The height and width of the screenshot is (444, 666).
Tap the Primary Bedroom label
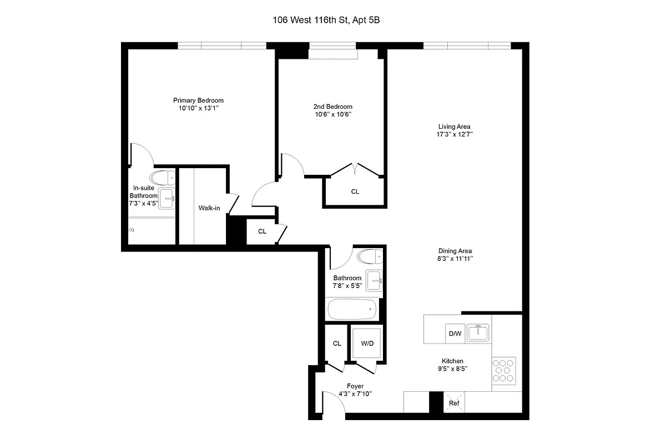coord(198,100)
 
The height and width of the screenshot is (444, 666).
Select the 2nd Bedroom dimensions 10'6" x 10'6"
coord(332,114)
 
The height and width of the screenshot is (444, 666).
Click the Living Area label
coord(454,127)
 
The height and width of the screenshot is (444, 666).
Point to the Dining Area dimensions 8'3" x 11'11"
coord(454,258)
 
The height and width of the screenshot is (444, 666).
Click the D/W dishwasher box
coord(455,334)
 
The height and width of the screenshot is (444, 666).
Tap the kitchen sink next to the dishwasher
coord(478,333)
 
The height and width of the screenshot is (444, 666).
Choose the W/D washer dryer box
coord(367,344)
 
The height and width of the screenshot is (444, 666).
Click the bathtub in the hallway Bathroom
coord(352,309)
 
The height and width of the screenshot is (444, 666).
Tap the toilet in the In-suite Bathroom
coord(163,178)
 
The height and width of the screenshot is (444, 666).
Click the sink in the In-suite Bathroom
coord(167,198)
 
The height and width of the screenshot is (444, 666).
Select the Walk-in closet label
coord(209,208)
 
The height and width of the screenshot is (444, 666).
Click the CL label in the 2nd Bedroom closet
coord(355,191)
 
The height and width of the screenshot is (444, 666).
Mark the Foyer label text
coord(355,386)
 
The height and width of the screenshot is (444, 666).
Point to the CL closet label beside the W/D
coord(337,344)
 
